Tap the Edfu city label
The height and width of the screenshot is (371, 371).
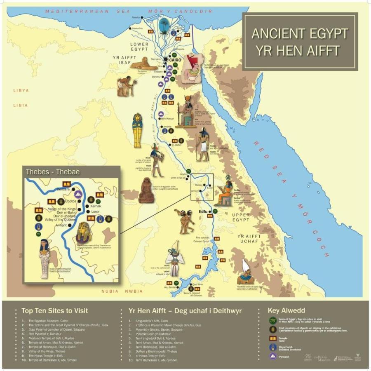click(202, 211)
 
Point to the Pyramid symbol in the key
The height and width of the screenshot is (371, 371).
click(272, 356)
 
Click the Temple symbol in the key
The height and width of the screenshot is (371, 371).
click(272, 338)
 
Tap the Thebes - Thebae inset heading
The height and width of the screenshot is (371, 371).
click(53, 172)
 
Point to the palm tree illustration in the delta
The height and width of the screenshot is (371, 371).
click(164, 25)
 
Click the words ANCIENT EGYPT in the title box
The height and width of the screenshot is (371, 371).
click(300, 33)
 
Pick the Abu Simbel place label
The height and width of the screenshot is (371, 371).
click(171, 288)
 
